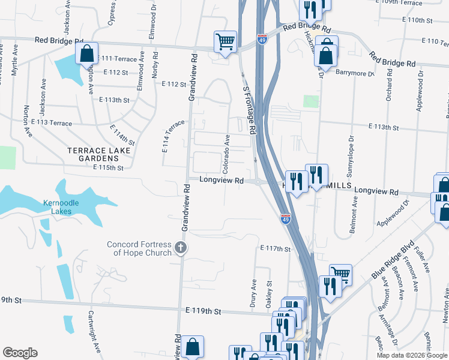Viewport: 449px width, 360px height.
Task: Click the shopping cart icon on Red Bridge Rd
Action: point(225,42)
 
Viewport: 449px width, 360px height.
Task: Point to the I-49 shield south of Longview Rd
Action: point(285,219)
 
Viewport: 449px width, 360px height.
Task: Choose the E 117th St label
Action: point(276,248)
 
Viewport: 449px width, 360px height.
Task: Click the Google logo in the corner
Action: point(20,353)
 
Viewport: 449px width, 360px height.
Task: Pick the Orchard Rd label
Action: point(389,85)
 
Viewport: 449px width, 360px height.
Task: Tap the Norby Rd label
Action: point(155,64)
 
